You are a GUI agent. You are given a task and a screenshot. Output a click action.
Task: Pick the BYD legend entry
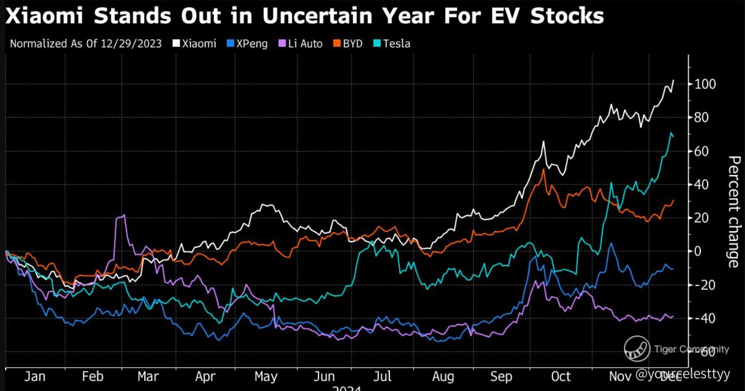pos(348,44)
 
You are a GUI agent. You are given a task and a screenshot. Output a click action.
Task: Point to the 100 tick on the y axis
pos(705,84)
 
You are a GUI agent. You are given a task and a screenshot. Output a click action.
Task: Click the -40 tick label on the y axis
pos(705,319)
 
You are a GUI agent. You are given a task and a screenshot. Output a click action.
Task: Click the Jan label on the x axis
pos(34,377)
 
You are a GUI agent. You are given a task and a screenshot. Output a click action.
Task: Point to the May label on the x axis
pos(265,377)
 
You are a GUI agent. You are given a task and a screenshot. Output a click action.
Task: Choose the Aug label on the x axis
pos(442,377)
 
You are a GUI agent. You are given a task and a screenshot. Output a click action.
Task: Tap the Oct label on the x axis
pos(560,377)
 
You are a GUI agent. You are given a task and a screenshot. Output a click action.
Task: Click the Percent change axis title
pos(734,212)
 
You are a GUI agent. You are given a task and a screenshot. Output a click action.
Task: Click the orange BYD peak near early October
pos(543,170)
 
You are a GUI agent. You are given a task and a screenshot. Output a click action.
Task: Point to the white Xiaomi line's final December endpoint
pos(673,80)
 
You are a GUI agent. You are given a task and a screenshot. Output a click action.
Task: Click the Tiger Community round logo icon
pos(637,349)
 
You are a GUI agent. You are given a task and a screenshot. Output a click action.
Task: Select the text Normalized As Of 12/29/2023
pos(86,44)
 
